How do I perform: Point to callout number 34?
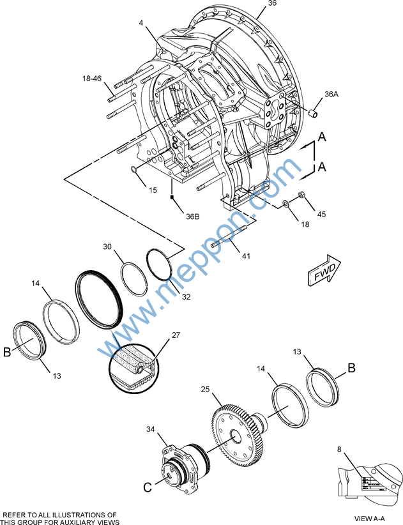[151, 429]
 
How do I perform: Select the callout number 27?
[176, 335]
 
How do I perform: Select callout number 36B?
[193, 217]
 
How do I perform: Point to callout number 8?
[340, 450]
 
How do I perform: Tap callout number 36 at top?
[272, 4]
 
